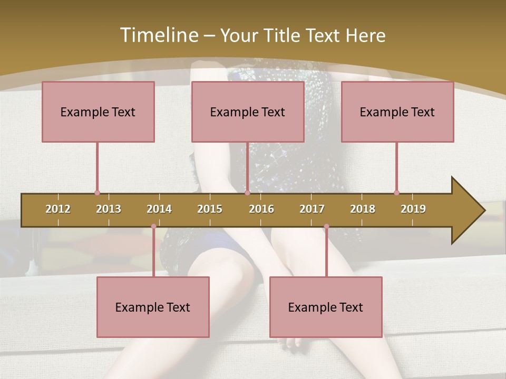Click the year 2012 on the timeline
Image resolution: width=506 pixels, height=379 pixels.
click(x=58, y=209)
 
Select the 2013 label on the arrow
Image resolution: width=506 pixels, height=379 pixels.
click(x=109, y=209)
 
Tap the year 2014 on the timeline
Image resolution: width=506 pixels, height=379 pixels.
click(x=159, y=209)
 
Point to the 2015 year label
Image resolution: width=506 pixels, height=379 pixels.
click(x=210, y=209)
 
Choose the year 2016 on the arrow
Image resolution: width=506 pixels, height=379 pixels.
click(x=261, y=209)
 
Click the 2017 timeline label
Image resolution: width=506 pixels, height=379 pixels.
click(x=312, y=209)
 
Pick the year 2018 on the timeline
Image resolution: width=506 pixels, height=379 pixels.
click(x=363, y=209)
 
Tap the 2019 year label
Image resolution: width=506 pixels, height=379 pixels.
click(x=413, y=209)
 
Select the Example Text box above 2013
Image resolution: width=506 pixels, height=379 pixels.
click(x=98, y=112)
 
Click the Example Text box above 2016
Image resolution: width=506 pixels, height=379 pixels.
click(x=248, y=112)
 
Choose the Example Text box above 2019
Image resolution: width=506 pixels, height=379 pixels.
click(x=397, y=112)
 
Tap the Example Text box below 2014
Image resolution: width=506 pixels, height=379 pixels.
click(x=153, y=307)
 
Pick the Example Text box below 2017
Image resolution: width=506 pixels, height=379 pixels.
click(x=326, y=307)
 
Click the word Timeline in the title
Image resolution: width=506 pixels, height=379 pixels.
click(x=158, y=35)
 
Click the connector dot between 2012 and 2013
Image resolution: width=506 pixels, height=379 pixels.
click(x=97, y=193)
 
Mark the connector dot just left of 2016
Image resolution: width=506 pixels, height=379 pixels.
click(x=247, y=193)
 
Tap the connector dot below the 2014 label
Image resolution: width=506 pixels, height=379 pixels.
click(x=153, y=226)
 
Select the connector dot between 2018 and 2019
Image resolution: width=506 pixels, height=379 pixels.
click(x=396, y=193)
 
